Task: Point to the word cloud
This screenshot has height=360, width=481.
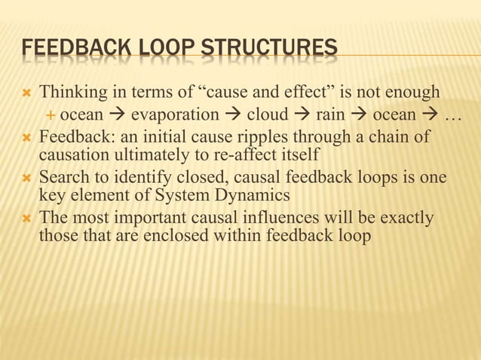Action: [269, 115]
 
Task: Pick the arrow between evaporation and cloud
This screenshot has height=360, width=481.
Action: [232, 115]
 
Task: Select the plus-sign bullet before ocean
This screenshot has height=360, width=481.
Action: [51, 115]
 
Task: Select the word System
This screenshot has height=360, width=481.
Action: [191, 197]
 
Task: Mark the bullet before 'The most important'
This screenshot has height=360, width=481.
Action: [26, 219]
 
